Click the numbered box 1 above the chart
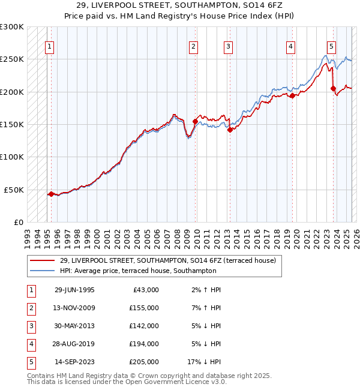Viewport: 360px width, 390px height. pyautogui.click(x=49, y=47)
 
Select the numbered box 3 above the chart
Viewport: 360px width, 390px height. pyautogui.click(x=229, y=47)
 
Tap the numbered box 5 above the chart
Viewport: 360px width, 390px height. pyautogui.click(x=331, y=47)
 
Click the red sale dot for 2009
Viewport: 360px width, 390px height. pyautogui.click(x=195, y=121)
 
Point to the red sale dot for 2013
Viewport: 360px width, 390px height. pyautogui.click(x=230, y=130)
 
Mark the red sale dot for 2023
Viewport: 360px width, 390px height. pyautogui.click(x=334, y=89)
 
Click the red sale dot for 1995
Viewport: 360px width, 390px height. pyautogui.click(x=51, y=194)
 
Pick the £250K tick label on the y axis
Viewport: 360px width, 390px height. pyautogui.click(x=12, y=59)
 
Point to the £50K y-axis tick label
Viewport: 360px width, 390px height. pyautogui.click(x=14, y=190)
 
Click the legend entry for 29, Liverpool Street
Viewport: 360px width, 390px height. pyautogui.click(x=167, y=260)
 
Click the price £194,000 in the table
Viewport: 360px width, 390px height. pyautogui.click(x=144, y=344)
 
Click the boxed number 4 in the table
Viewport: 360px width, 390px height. pyautogui.click(x=31, y=344)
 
